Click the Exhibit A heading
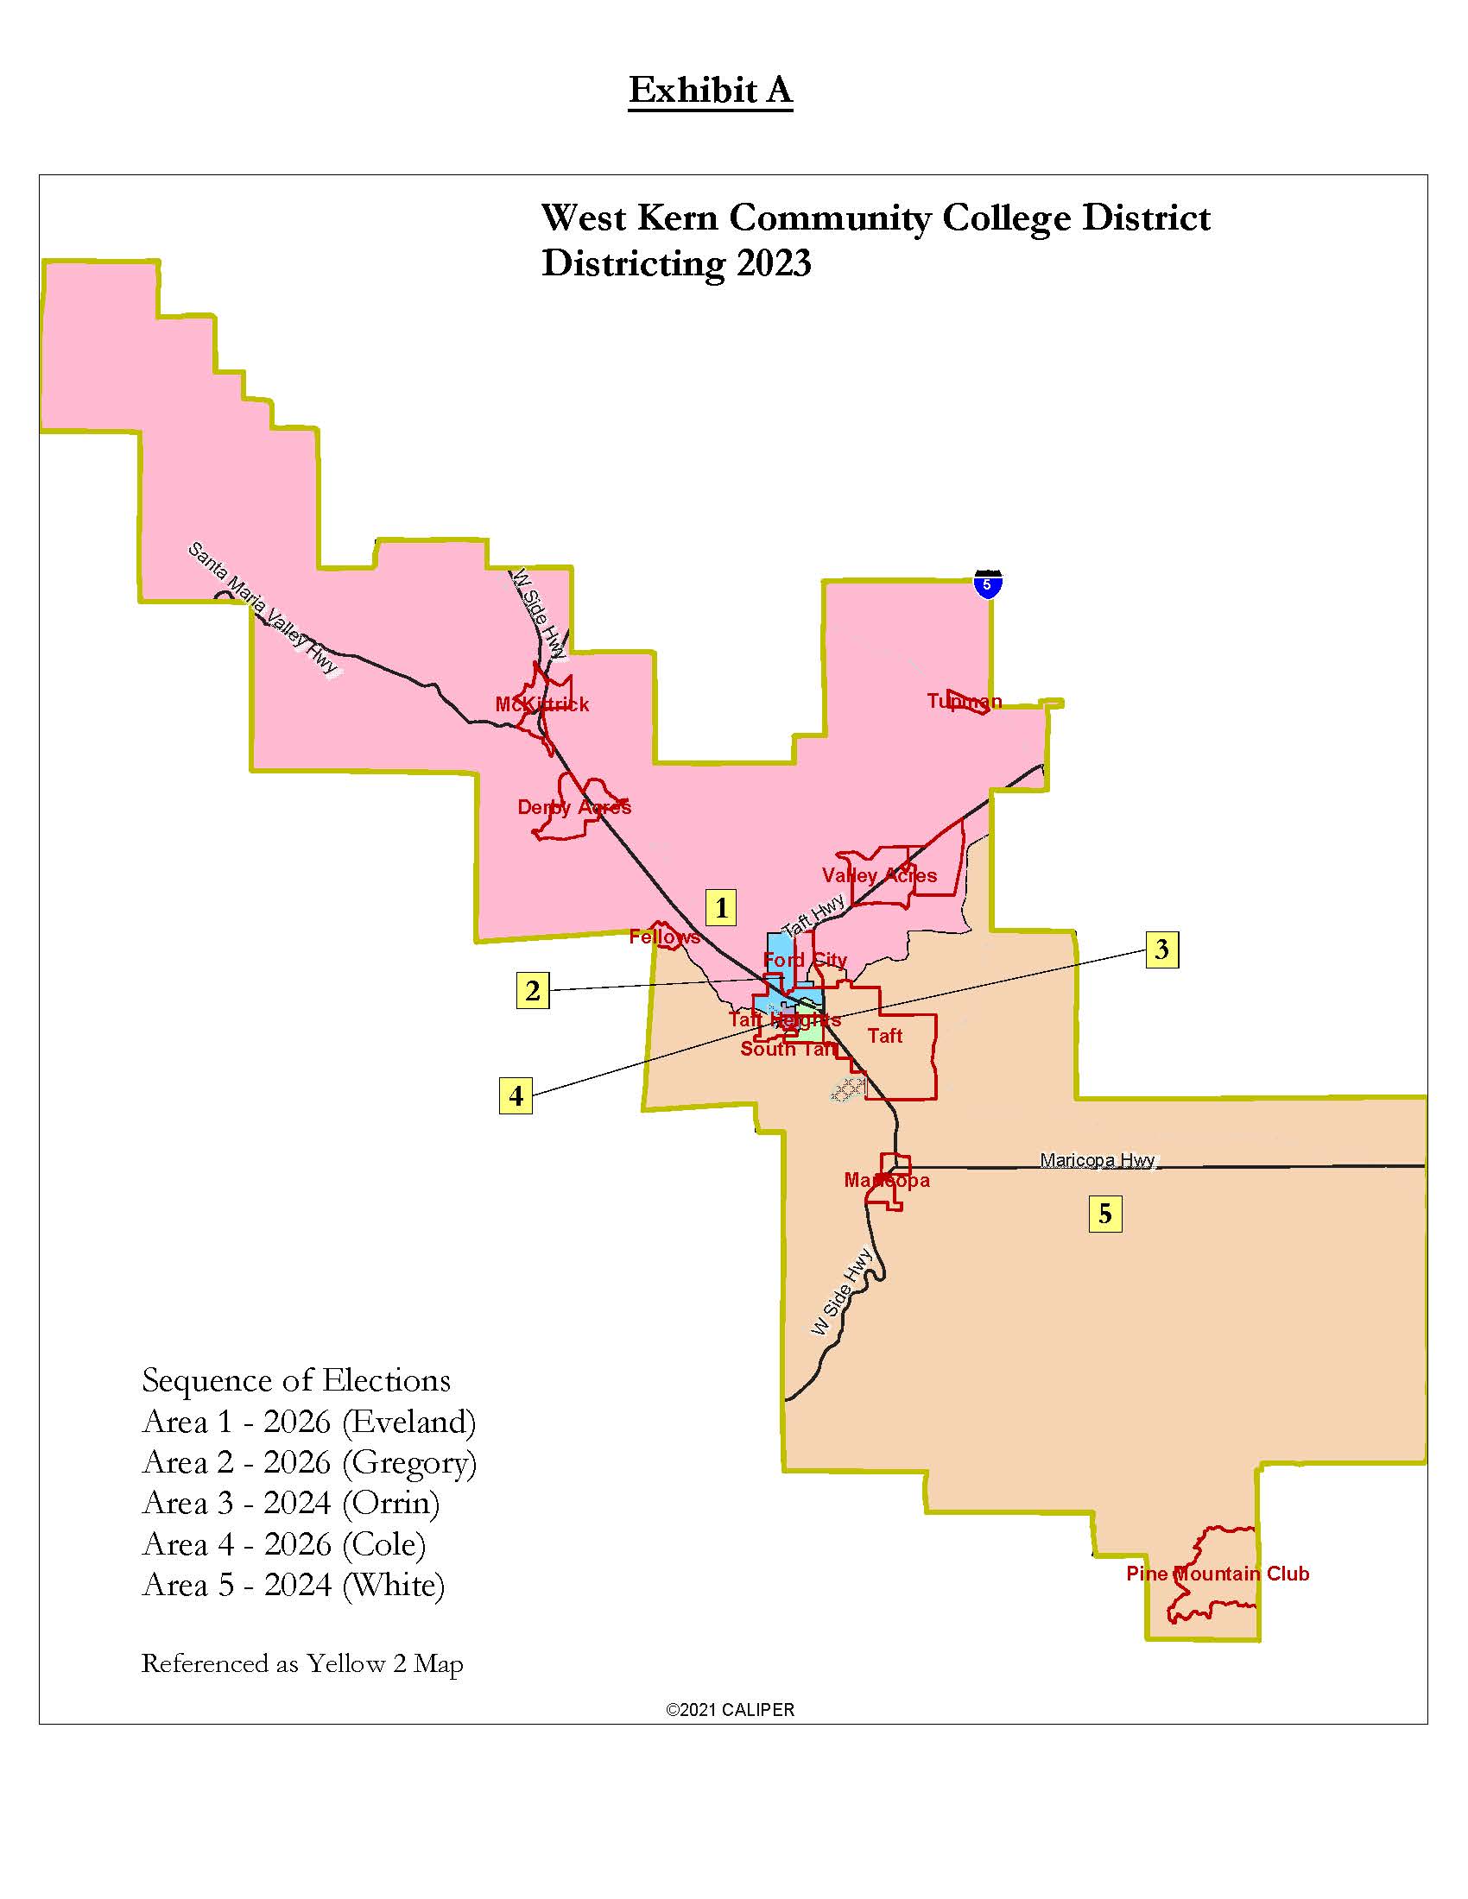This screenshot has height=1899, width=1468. coord(711,90)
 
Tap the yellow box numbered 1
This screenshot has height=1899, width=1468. coord(721,907)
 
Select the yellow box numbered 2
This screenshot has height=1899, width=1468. coord(532,990)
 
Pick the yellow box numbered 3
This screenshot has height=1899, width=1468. coord(1161,949)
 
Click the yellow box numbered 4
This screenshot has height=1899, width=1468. coord(516,1095)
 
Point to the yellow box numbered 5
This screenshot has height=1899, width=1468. coord(1104,1214)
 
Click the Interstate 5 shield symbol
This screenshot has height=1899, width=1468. coord(987,584)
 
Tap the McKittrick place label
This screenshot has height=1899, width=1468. coord(541,704)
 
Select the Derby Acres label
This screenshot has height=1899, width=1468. coord(574,807)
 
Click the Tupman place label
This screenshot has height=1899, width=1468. coord(964,701)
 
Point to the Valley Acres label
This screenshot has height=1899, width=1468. coord(879,875)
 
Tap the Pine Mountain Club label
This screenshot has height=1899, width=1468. coord(1217,1574)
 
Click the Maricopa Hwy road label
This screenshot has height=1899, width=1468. coord(1097,1160)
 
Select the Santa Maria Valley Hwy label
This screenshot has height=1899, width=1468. coord(263,608)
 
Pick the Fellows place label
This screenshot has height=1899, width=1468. coord(664,937)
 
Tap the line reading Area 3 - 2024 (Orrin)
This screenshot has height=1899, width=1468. coord(290,1503)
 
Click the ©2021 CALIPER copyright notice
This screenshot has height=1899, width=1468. coord(730,1709)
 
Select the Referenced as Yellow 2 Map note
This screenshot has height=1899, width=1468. coord(301,1663)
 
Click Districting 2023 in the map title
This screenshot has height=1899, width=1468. coord(676,262)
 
